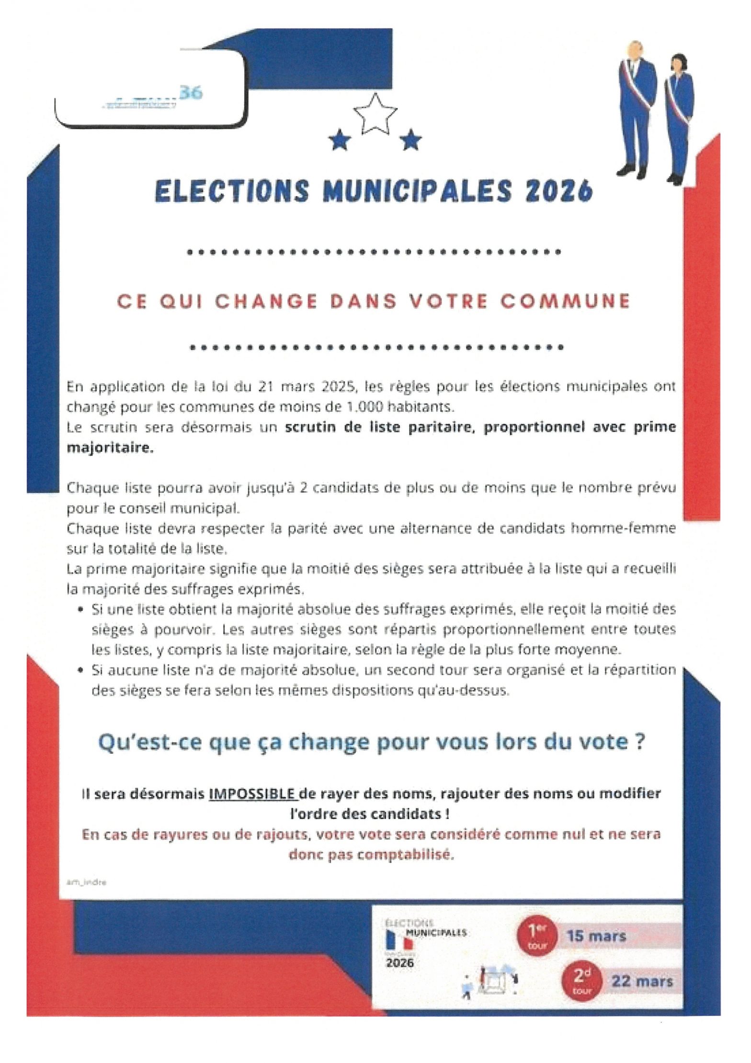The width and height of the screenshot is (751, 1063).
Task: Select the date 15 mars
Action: coord(596,936)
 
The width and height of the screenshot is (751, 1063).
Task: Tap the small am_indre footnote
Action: coord(87,881)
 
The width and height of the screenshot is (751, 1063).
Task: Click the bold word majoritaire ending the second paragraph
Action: coord(110,448)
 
